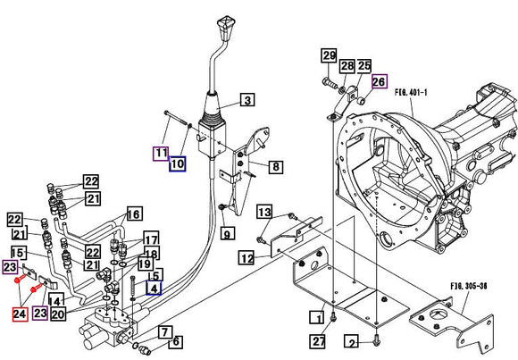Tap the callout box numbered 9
click(227, 235)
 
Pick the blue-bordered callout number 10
click(177, 163)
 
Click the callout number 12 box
click(246, 259)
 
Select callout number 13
click(265, 212)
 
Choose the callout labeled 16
click(133, 214)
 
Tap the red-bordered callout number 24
click(19, 313)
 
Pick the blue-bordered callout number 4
click(155, 288)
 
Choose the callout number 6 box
click(175, 341)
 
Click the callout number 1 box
click(316, 316)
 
